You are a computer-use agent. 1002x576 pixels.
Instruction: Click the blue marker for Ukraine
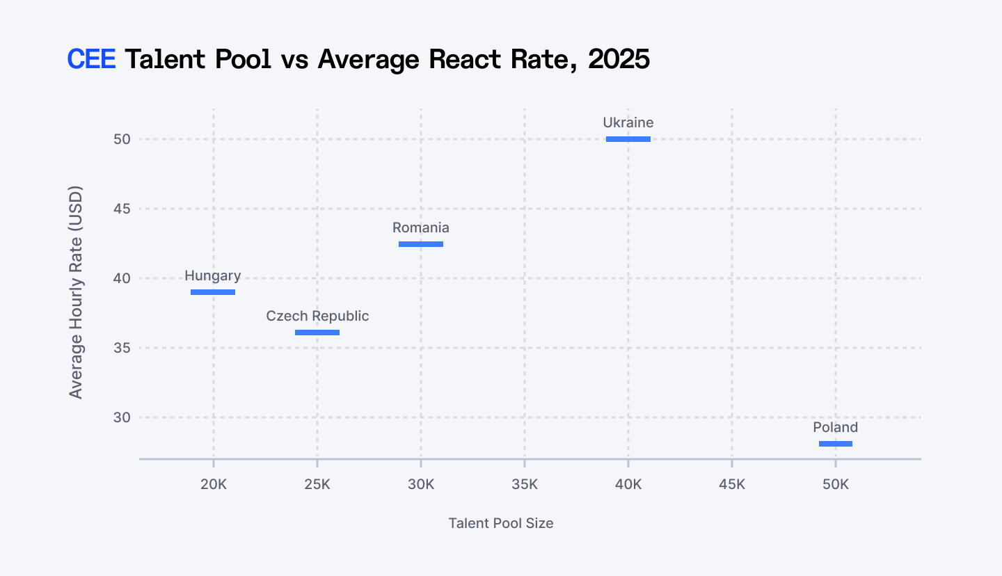coord(628,139)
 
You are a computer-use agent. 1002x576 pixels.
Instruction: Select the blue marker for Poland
coord(835,444)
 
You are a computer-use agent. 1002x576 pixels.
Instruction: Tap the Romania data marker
coord(420,244)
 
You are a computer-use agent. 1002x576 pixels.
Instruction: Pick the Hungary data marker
coord(213,292)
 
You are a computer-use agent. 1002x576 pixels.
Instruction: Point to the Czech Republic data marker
coord(317,333)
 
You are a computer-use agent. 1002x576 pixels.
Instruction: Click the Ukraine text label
coord(628,123)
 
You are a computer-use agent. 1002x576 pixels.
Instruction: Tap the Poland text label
coord(835,427)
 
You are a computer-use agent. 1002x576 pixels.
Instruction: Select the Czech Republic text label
coord(317,316)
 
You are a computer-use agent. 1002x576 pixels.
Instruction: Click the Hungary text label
coord(213,276)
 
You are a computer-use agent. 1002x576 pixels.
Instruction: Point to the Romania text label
coord(420,227)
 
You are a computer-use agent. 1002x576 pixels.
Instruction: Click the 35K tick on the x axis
coord(524,484)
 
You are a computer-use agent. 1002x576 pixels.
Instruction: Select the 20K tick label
coord(213,484)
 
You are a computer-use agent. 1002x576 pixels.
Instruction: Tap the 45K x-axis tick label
coord(731,484)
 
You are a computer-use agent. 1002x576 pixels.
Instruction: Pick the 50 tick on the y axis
coord(122,139)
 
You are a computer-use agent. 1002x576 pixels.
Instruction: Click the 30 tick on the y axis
coord(122,417)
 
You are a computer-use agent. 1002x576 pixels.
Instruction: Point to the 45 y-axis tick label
coord(122,209)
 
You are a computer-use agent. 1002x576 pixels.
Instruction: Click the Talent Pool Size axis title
coord(501,523)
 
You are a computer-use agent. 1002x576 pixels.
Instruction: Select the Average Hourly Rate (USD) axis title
coord(77,292)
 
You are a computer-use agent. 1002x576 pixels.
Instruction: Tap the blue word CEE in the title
coord(91,60)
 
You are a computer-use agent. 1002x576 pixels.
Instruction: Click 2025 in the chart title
coord(619,60)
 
